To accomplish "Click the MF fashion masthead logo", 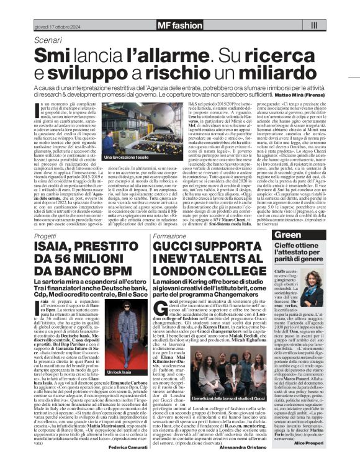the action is pos(180,25).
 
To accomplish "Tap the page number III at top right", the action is pos(313,25).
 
